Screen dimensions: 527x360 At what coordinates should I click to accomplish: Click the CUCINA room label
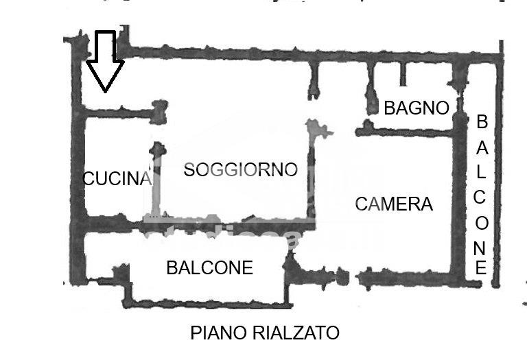(x=117, y=178)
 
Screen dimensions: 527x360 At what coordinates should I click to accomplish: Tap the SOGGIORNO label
(x=241, y=169)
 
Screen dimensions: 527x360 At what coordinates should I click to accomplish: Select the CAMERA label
(x=394, y=204)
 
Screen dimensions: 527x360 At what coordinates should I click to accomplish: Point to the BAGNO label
(x=417, y=108)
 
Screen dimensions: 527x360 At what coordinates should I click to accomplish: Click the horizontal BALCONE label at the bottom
(x=210, y=268)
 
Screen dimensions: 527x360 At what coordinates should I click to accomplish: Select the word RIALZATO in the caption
(x=296, y=333)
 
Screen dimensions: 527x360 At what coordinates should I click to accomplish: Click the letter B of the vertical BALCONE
(x=482, y=121)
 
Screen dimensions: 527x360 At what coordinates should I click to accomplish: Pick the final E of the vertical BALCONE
(x=481, y=267)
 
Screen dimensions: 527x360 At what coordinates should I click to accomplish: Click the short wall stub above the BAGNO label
(x=403, y=74)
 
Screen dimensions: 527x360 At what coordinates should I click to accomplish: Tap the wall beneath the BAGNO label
(x=403, y=132)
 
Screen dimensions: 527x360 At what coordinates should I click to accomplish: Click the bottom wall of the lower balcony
(x=208, y=304)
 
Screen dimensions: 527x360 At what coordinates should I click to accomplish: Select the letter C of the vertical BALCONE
(x=480, y=197)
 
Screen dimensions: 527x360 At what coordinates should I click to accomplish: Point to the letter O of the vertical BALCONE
(x=482, y=223)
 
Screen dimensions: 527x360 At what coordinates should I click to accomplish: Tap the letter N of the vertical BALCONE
(x=480, y=248)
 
